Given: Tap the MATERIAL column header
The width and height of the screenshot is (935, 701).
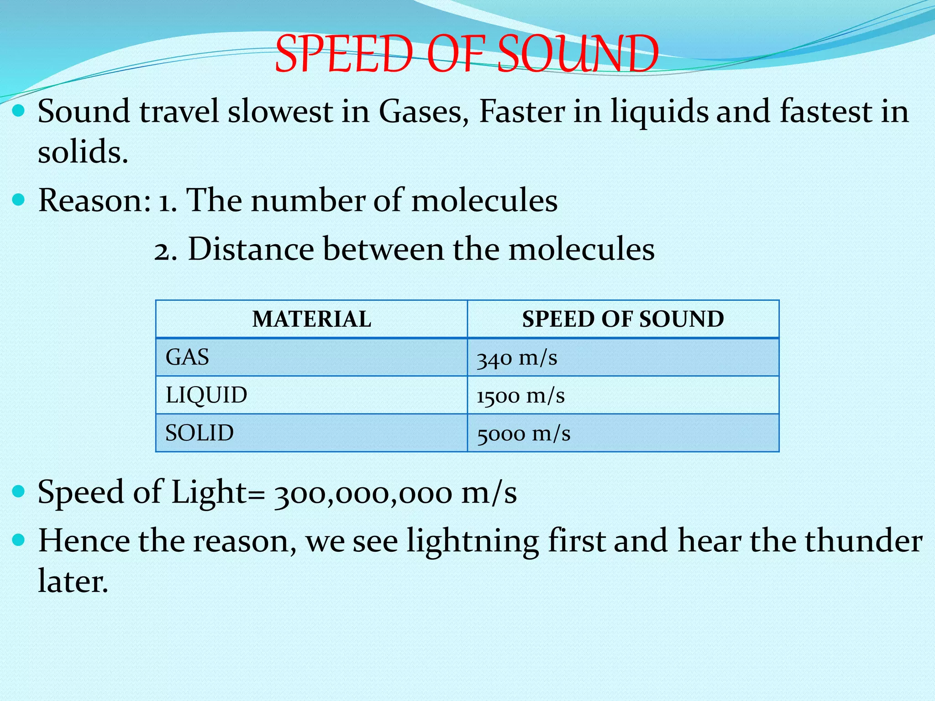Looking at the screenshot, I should tap(312, 319).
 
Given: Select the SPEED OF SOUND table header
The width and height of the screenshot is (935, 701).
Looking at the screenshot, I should tap(623, 319).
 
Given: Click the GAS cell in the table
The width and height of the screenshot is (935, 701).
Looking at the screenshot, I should tap(187, 357).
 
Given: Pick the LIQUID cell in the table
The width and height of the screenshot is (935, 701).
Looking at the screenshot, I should tap(206, 395).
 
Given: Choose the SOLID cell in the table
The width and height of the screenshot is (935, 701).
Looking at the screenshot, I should tap(200, 433).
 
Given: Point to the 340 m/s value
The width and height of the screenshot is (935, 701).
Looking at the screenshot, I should tap(517, 358).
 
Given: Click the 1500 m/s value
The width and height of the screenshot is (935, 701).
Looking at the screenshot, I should tap(520, 396).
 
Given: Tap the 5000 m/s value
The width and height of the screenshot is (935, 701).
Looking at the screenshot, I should tap(524, 434).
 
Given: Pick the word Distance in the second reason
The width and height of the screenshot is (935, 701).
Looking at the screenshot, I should tap(251, 250).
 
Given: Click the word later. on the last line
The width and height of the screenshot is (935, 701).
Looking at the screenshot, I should tap(73, 581).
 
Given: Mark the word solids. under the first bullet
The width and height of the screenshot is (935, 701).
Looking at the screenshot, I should tap(83, 152).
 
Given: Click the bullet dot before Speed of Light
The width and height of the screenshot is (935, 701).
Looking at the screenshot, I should tap(18, 492).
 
